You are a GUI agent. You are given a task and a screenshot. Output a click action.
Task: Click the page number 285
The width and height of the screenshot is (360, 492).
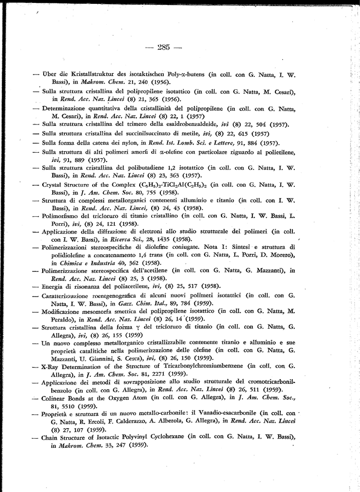(x=164, y=47)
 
